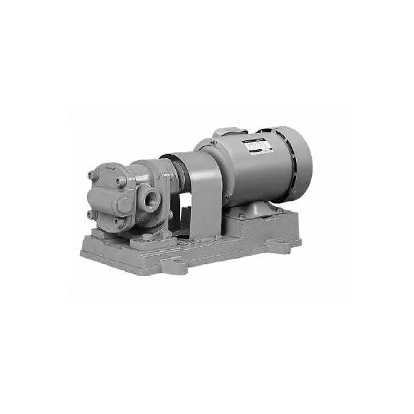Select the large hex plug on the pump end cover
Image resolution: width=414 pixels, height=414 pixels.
pyautogui.click(x=122, y=203)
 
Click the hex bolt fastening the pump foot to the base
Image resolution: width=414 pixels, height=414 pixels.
pyautogui.click(x=148, y=239)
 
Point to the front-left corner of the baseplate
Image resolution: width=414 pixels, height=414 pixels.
pyautogui.click(x=86, y=253)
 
